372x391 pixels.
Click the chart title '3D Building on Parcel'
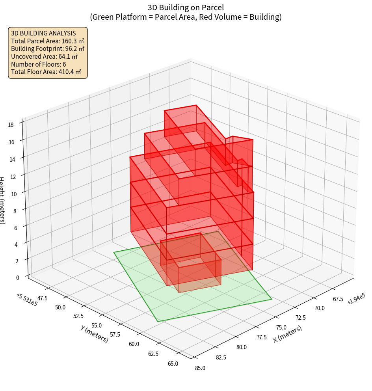pos(186,7)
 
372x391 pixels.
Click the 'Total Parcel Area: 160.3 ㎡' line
pos(47,41)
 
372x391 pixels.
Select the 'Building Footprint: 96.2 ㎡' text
pos(47,48)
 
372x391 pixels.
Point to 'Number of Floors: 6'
pos(38,64)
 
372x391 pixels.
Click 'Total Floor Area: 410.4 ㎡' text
pos(46,72)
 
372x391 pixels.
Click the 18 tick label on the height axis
pos(11,125)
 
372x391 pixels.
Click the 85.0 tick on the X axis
pos(200,368)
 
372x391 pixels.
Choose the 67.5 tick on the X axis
pos(338,299)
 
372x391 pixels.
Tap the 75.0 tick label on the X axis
pos(281,327)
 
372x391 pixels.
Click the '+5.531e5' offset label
pos(27,300)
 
